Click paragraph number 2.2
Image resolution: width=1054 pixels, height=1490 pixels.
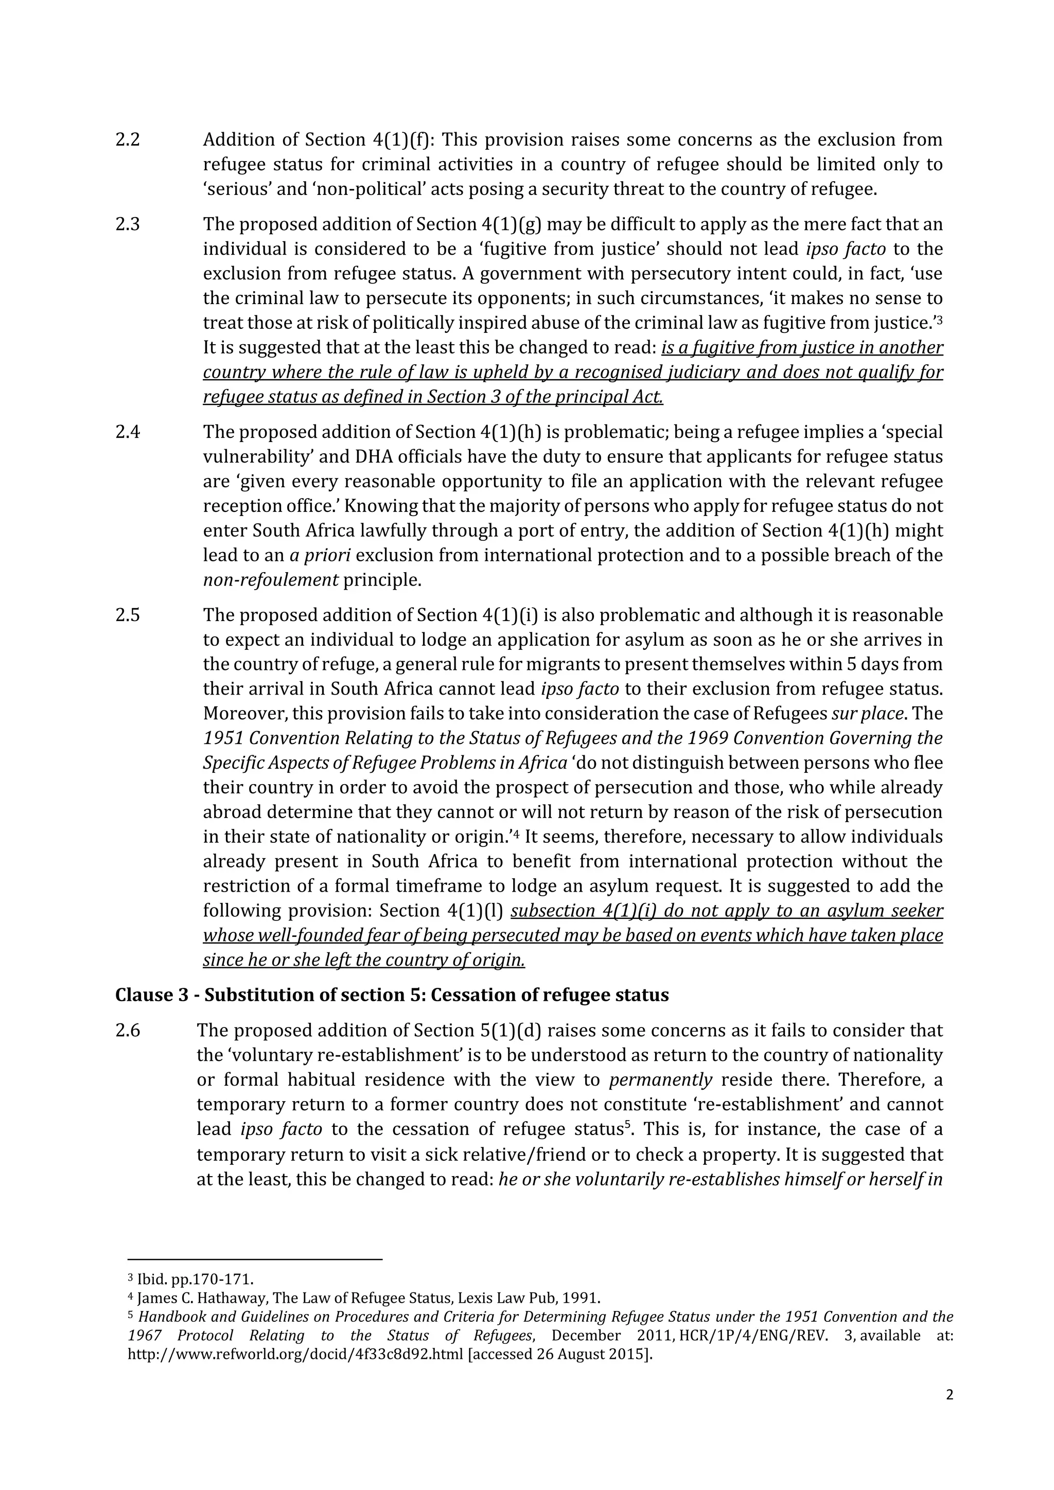point(127,140)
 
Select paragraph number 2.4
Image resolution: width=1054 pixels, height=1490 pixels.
point(127,432)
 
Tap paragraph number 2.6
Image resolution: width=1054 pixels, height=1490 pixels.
point(127,1031)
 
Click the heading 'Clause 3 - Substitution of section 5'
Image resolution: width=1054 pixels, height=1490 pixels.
point(391,995)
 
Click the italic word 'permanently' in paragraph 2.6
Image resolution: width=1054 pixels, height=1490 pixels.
point(661,1080)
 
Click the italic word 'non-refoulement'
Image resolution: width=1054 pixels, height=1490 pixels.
point(271,580)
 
